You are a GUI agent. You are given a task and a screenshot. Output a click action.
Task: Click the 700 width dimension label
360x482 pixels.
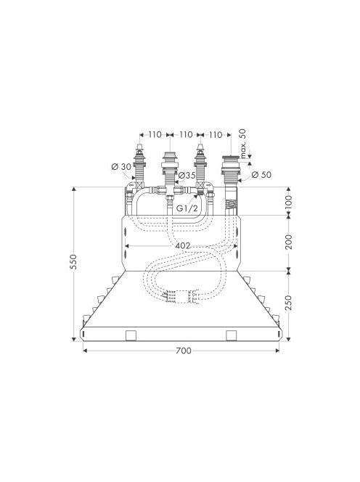pyautogui.click(x=184, y=351)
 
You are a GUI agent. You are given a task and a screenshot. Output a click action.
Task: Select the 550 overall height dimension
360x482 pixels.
pyautogui.click(x=73, y=262)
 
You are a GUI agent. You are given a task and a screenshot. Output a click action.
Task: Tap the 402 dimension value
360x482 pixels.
pyautogui.click(x=183, y=246)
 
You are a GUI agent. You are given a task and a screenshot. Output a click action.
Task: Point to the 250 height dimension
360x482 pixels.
pyautogui.click(x=288, y=303)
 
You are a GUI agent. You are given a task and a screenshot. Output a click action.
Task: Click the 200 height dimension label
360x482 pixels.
pyautogui.click(x=288, y=242)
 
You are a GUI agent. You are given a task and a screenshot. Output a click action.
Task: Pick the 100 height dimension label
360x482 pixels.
pyautogui.click(x=288, y=202)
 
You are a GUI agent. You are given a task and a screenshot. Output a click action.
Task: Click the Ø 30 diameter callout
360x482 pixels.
pyautogui.click(x=121, y=167)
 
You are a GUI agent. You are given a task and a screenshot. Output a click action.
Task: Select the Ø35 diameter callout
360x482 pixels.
pyautogui.click(x=187, y=176)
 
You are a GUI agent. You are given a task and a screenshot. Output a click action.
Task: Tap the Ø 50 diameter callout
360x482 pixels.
pyautogui.click(x=261, y=175)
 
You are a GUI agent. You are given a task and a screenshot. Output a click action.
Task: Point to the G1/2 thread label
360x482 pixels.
pyautogui.click(x=187, y=209)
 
